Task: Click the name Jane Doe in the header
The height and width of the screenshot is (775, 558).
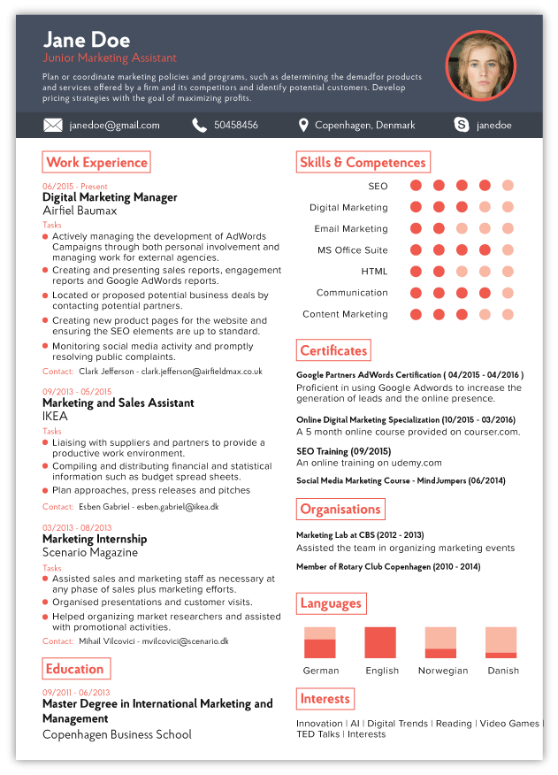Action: coord(86,40)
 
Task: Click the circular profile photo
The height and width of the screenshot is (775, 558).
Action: coord(480,65)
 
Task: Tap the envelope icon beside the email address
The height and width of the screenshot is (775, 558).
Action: coord(53,126)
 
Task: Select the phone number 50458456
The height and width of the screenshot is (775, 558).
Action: coord(236,126)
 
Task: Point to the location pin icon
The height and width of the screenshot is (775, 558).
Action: coord(303,126)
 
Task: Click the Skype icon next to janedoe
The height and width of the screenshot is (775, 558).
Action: coord(462,126)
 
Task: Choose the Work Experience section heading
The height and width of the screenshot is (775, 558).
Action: coord(96,163)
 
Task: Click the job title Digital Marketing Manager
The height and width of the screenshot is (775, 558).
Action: coord(110,198)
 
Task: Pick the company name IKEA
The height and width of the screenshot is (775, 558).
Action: coord(55,416)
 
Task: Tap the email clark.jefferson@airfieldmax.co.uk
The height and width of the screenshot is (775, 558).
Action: coord(203,372)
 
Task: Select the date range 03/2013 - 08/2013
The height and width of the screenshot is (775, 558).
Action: coord(77,528)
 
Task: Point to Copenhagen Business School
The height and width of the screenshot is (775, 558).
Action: coord(117,734)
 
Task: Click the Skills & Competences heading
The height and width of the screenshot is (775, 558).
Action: coord(363,163)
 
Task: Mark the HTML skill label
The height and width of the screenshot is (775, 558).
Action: coord(374,272)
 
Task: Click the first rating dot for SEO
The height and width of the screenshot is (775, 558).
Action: coord(416,186)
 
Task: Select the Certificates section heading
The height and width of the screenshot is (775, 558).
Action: coord(333,351)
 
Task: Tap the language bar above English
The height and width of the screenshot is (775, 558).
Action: coord(380,642)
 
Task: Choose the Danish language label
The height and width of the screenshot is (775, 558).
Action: coord(503,671)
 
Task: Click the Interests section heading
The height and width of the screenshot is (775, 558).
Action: coord(325,699)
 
